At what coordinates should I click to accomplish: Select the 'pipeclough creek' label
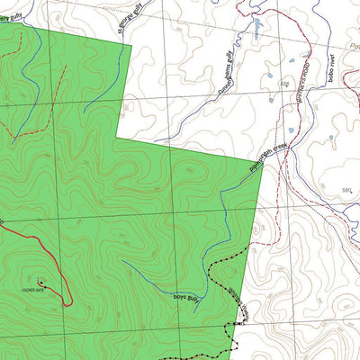point(269,152)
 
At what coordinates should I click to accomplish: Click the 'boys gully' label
point(184,295)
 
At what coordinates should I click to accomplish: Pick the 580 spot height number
point(347,191)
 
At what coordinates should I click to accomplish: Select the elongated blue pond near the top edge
point(257,30)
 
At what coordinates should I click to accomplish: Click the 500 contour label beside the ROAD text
point(283,84)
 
